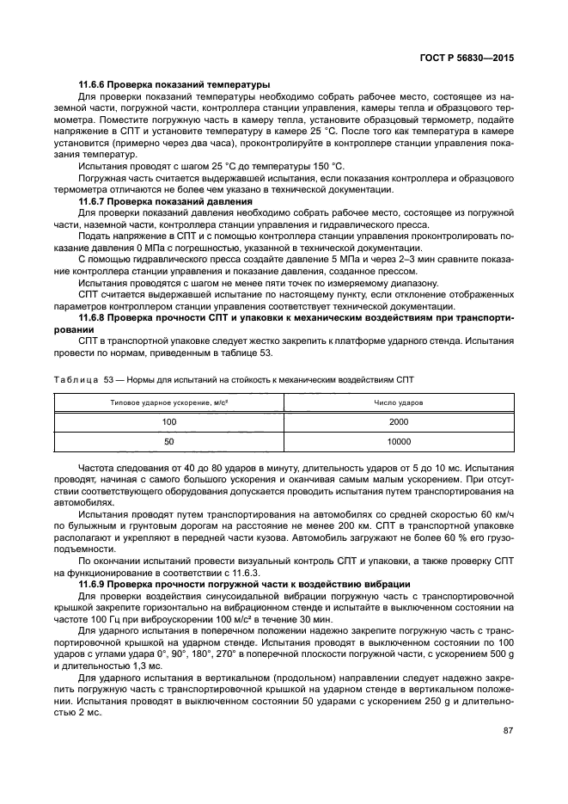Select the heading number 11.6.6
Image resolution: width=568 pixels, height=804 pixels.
coord(92,84)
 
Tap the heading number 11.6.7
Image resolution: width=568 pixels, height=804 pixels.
coord(92,200)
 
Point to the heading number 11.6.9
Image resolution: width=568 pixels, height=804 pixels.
coord(92,584)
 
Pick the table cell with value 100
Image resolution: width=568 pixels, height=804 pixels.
coord(168,421)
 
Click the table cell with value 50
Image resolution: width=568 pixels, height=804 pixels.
coord(168,441)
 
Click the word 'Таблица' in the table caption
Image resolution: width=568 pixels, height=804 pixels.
coord(75,377)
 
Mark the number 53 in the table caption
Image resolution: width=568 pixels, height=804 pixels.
coord(108,377)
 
